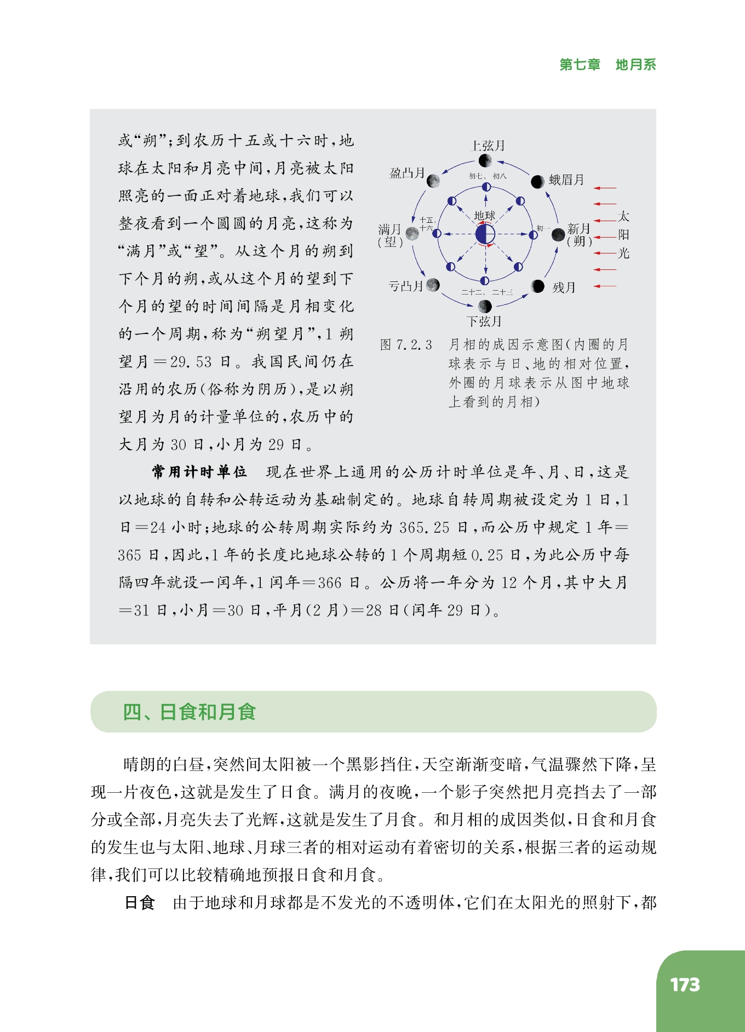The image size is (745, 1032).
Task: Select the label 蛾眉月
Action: [566, 180]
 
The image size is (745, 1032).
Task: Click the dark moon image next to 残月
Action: [538, 286]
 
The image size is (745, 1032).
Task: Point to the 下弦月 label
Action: [484, 321]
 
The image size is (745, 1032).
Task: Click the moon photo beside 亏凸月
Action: [433, 285]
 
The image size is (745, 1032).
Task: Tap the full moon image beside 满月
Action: [412, 234]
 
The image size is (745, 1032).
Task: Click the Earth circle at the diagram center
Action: [485, 235]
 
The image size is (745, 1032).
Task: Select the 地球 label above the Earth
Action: [484, 216]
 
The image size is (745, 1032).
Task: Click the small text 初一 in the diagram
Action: [543, 228]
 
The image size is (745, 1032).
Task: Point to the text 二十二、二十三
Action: [486, 292]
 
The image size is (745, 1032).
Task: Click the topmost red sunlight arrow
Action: [605, 188]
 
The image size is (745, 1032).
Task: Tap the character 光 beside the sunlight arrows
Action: [623, 253]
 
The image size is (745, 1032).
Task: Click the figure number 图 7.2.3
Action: [406, 345]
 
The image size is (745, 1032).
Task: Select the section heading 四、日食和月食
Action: [190, 712]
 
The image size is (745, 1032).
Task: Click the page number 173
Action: [685, 985]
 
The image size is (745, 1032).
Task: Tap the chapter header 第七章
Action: [580, 65]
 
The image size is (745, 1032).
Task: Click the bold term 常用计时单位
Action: [199, 472]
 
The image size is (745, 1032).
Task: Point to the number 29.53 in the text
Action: [191, 362]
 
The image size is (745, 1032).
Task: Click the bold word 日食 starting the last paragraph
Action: [140, 902]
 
